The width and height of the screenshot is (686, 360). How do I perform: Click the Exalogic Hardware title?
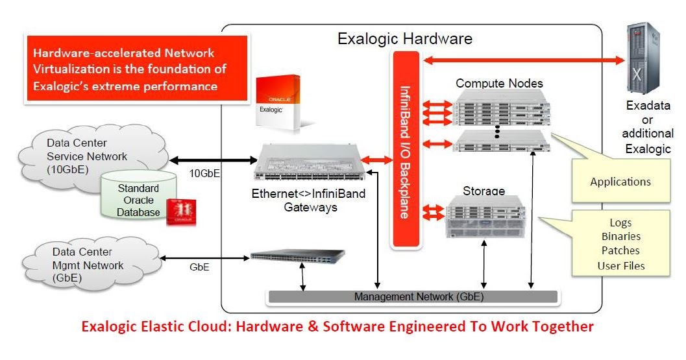pyautogui.click(x=404, y=39)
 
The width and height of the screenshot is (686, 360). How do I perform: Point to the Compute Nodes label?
pyautogui.click(x=499, y=83)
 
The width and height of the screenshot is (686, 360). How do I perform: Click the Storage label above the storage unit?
pyautogui.click(x=484, y=191)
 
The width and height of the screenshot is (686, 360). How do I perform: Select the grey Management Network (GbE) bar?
pyautogui.click(x=412, y=296)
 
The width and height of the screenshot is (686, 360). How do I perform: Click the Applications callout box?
pyautogui.click(x=620, y=182)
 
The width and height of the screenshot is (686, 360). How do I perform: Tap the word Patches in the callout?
pyautogui.click(x=620, y=250)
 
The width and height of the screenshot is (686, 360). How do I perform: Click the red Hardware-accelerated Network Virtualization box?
pyautogui.click(x=136, y=69)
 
